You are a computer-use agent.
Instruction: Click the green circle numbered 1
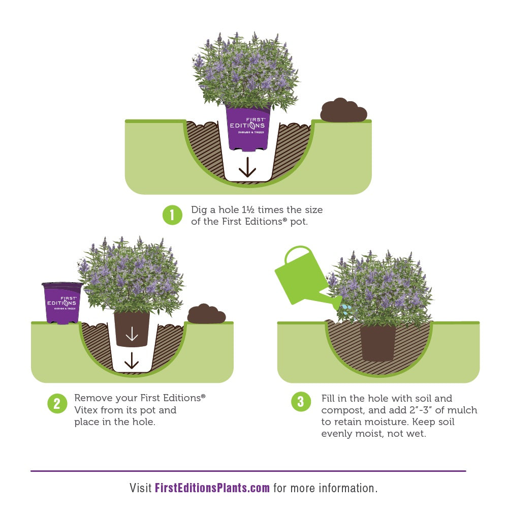(172, 215)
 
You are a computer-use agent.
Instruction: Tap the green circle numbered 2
(57, 404)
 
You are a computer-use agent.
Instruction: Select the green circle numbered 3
(301, 402)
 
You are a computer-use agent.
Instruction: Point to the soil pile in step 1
(343, 110)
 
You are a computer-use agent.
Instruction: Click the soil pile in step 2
(206, 314)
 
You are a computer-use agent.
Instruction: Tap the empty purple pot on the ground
(62, 303)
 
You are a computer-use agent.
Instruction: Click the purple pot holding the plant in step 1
(248, 129)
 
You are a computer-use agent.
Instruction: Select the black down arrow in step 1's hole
(247, 167)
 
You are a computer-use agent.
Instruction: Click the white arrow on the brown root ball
(132, 334)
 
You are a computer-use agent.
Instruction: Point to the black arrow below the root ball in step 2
(132, 361)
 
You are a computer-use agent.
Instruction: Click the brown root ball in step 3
(378, 343)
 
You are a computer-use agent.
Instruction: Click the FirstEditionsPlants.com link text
(212, 488)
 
